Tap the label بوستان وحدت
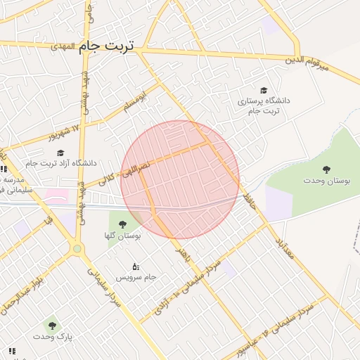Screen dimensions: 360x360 tap(327, 181)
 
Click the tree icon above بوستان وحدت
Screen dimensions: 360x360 tap(326, 169)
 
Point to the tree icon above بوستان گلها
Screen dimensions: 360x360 tap(122, 224)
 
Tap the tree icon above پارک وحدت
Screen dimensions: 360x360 tap(51, 325)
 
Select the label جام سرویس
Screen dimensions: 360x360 tap(135, 278)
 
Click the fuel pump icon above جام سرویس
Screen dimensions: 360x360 tap(135, 266)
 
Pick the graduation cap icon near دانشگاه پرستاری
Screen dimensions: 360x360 tap(264, 90)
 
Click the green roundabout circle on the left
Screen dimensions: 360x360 tap(77, 247)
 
